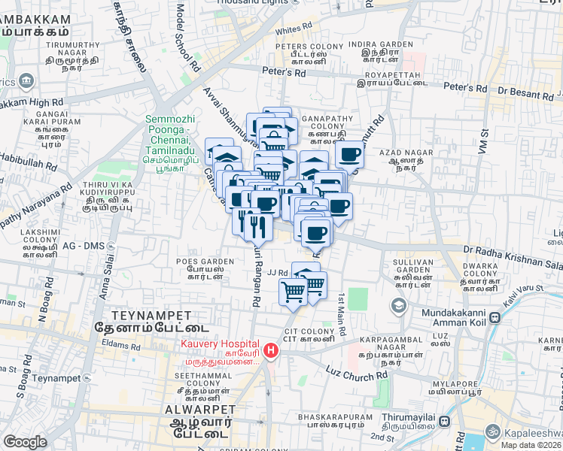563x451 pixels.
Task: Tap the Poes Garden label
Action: tap(205, 261)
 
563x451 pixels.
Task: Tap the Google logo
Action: tap(25, 442)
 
